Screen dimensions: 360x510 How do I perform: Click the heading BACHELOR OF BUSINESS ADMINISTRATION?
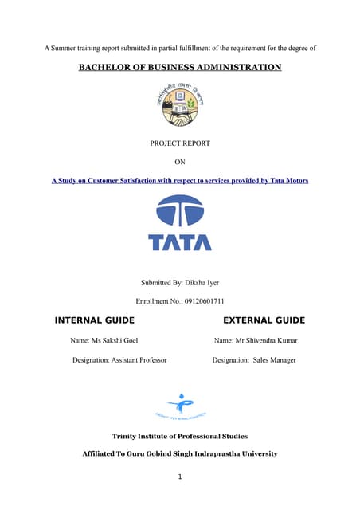[179, 68]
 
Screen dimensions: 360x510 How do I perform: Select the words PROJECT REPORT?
[179, 143]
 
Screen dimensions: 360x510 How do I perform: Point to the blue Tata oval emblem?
[180, 212]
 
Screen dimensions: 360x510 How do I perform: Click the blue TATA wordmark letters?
[180, 241]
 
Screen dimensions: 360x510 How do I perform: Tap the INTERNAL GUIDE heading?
[94, 320]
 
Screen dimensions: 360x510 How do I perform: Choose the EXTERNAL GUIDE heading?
[264, 320]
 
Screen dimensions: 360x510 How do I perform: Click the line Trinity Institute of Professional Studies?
[180, 436]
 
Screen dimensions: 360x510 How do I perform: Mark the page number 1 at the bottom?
[180, 477]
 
